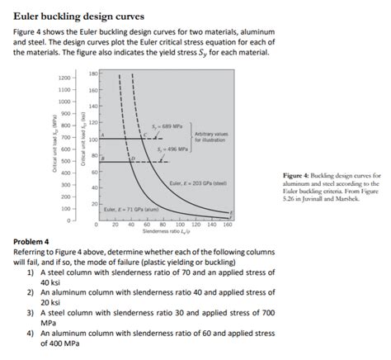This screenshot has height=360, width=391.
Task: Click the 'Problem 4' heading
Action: pos(35,242)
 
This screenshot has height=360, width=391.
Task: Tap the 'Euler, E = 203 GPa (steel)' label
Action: pos(197,182)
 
